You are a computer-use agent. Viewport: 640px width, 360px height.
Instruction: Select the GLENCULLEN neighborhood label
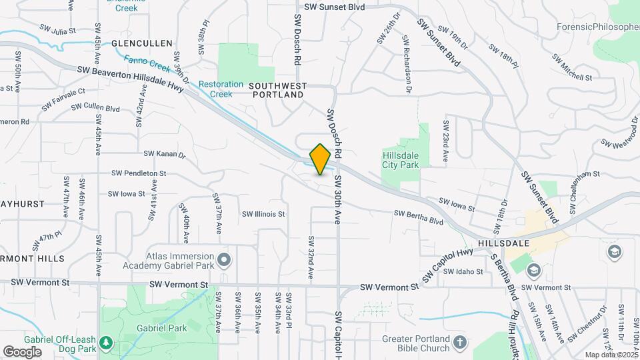pos(138,43)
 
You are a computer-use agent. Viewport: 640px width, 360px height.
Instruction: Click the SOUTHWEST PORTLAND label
pos(278,91)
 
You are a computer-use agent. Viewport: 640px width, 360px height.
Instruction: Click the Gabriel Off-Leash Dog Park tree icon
pos(106,343)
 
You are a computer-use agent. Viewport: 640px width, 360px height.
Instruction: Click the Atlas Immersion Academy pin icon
pos(224,259)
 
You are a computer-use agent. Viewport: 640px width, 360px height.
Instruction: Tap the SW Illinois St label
pos(263,214)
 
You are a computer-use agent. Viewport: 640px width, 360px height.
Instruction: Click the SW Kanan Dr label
pos(164,154)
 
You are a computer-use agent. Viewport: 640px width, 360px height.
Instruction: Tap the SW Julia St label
pos(58,30)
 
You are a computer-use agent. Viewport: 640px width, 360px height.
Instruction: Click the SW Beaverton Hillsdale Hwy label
pos(130,78)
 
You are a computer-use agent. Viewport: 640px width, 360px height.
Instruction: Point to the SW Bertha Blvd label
pos(419,216)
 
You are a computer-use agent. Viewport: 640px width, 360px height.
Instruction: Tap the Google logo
pos(22,351)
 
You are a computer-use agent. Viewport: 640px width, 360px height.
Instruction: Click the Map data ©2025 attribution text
pos(610,355)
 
